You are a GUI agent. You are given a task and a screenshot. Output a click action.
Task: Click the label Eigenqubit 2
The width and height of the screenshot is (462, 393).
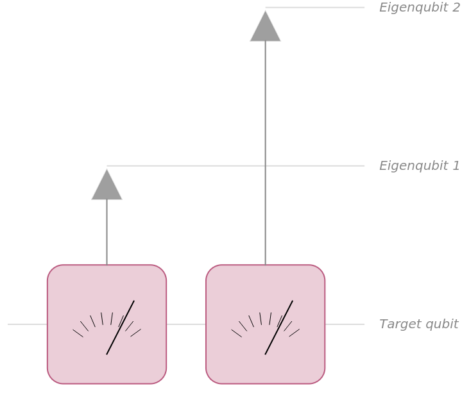point(419,8)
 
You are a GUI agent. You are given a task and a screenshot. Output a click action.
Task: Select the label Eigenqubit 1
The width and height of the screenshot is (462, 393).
point(419,166)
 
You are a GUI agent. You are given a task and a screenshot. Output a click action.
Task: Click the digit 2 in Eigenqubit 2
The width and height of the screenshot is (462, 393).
point(456,7)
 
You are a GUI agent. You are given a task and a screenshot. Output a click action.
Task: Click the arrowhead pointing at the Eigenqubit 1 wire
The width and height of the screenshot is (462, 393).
point(107,185)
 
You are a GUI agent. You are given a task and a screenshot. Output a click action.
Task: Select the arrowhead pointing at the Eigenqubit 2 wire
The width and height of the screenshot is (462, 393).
point(265,26)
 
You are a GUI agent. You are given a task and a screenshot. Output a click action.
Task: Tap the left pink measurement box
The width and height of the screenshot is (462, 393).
point(107,324)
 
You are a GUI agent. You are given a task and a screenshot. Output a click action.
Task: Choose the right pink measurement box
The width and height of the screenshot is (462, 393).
point(266,324)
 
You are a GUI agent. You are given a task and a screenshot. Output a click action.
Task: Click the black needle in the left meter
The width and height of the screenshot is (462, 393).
point(120,328)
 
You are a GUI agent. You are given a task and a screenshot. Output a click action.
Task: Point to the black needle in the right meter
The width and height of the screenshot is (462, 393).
point(278,328)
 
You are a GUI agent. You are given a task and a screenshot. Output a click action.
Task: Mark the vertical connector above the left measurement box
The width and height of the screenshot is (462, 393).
point(107,232)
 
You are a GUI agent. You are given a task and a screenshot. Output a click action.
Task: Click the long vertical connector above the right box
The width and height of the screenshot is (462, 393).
point(265,153)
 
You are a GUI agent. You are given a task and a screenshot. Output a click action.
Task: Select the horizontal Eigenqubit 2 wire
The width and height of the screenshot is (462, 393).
point(315,7)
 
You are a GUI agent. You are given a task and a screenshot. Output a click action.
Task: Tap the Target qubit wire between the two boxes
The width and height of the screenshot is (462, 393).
point(186,324)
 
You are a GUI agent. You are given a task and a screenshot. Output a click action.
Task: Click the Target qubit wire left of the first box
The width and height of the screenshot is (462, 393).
point(28,324)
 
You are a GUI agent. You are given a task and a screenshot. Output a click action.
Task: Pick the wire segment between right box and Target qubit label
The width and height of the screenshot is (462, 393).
point(345,324)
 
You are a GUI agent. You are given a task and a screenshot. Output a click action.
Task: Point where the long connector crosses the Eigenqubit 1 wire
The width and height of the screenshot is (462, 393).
point(265,166)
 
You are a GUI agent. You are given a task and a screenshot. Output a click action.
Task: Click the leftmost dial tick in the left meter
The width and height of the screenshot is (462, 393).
point(78,333)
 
